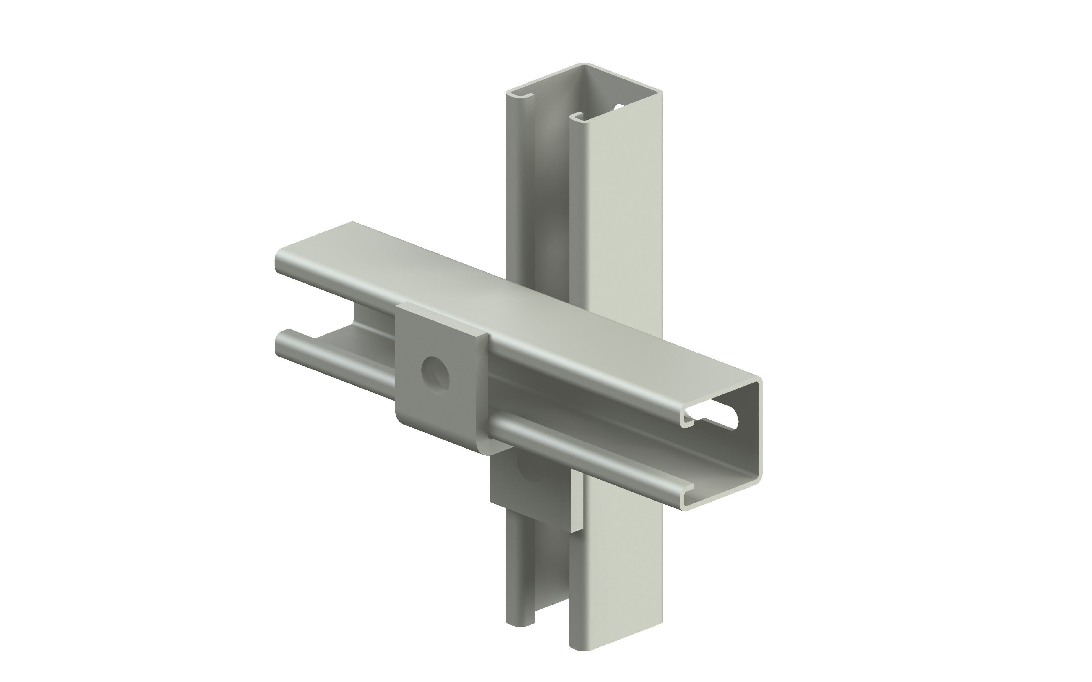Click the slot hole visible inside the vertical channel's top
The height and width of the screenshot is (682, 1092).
point(619,107)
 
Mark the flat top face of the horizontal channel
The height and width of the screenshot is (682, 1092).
point(496,298)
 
